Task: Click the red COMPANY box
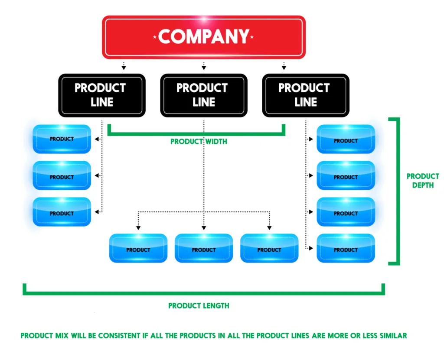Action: pos(203,37)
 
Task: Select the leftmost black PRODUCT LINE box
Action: pos(102,95)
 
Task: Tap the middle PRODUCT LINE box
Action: pos(204,95)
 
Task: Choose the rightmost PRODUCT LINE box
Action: pos(306,95)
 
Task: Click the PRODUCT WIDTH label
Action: pos(199,142)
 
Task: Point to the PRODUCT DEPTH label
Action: pos(422,181)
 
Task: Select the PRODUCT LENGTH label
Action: pos(199,306)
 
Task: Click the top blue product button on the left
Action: pos(62,139)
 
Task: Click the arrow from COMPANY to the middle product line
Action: pos(204,66)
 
